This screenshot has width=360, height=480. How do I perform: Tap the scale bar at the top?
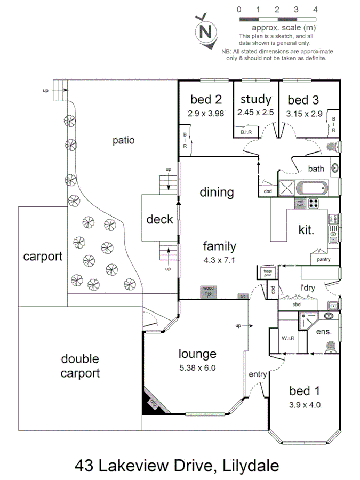point(277,19)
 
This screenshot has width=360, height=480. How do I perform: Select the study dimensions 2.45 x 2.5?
point(256,113)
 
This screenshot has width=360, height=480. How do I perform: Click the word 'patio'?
point(124,141)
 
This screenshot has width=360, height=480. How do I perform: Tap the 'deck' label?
point(160,219)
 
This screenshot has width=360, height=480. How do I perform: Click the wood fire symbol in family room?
point(209,292)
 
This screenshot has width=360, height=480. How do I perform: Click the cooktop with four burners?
point(315,203)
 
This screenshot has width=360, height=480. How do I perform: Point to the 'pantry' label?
point(323,260)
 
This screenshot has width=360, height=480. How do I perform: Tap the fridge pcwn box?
point(267,272)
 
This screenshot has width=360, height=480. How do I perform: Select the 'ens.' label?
point(324,332)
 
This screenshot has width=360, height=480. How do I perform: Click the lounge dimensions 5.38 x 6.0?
point(197,367)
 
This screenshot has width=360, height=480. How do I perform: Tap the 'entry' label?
point(258,374)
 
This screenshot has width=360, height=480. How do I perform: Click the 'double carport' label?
point(79,366)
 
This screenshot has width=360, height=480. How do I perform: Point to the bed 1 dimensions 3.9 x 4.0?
point(304,404)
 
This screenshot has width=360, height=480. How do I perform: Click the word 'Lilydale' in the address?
point(249,465)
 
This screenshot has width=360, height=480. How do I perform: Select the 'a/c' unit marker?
point(242,296)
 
